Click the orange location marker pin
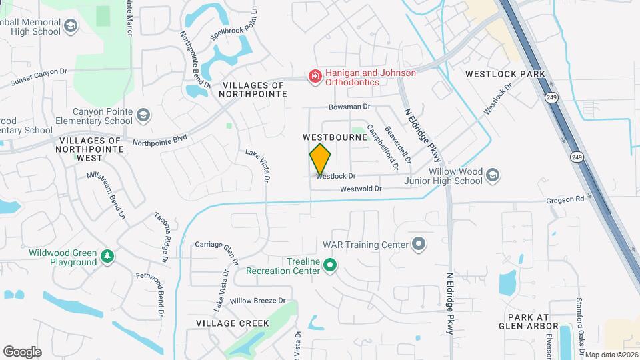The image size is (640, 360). click(320, 159)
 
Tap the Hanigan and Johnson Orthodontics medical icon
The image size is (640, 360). click(313, 77)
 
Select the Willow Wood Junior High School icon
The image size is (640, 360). click(493, 175)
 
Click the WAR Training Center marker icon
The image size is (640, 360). click(419, 245)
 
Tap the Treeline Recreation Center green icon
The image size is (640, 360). click(329, 266)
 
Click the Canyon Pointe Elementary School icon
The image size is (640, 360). click(143, 116)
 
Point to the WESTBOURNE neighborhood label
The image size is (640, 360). click(335, 137)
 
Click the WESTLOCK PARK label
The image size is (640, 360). click(505, 74)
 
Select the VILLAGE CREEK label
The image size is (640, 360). click(232, 323)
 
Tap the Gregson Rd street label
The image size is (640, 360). click(564, 199)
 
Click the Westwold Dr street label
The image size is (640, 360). click(360, 189)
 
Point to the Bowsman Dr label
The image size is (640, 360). click(349, 107)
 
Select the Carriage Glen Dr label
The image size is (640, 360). click(217, 244)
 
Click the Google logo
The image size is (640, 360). click(22, 351)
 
